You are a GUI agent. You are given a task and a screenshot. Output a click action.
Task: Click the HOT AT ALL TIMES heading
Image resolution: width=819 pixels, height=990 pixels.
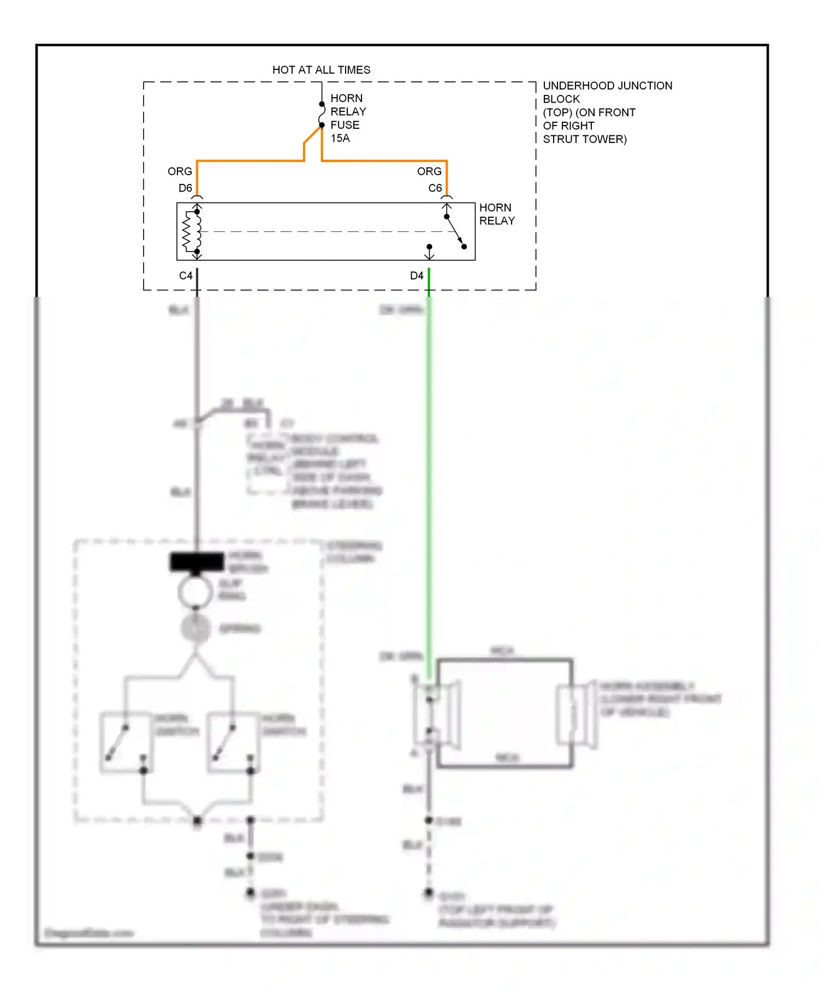(x=321, y=70)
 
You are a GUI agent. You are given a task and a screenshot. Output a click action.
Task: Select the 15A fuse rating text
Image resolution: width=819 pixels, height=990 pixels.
(x=340, y=138)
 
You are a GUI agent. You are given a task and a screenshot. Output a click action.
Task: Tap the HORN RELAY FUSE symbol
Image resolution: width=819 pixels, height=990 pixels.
(x=322, y=115)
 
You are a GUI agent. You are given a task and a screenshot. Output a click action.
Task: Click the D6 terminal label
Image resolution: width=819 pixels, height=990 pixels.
(x=185, y=188)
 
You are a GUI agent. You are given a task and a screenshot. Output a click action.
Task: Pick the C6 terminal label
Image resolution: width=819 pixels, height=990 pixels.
(x=435, y=188)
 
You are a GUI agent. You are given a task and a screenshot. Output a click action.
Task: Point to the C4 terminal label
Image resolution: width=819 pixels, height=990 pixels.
(x=186, y=276)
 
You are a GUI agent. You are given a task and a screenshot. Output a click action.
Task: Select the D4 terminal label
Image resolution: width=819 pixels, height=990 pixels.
(x=417, y=276)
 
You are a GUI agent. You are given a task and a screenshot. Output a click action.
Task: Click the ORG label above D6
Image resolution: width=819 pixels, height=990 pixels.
(x=180, y=171)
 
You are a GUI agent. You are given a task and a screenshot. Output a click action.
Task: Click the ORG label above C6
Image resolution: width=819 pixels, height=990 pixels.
(x=429, y=171)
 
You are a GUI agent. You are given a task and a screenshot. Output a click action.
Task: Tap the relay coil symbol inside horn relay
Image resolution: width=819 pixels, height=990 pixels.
(x=191, y=231)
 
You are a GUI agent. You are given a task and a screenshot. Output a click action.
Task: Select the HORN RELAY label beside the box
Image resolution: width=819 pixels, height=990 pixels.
(x=497, y=214)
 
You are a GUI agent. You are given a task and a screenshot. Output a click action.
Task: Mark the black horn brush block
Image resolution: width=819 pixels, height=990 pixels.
(x=197, y=562)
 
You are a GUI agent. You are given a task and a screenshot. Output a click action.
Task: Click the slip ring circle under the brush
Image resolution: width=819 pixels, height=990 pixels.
(x=195, y=592)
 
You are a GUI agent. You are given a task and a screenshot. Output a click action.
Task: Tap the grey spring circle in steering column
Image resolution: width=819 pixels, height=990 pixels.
(x=195, y=628)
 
